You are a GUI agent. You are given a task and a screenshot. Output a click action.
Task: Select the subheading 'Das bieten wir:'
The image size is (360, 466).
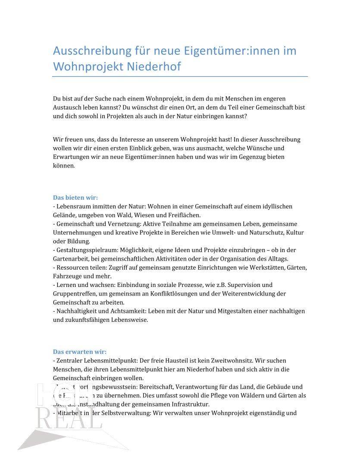click(75, 198)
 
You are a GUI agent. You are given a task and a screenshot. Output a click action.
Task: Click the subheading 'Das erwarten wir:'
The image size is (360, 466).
click(79, 351)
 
